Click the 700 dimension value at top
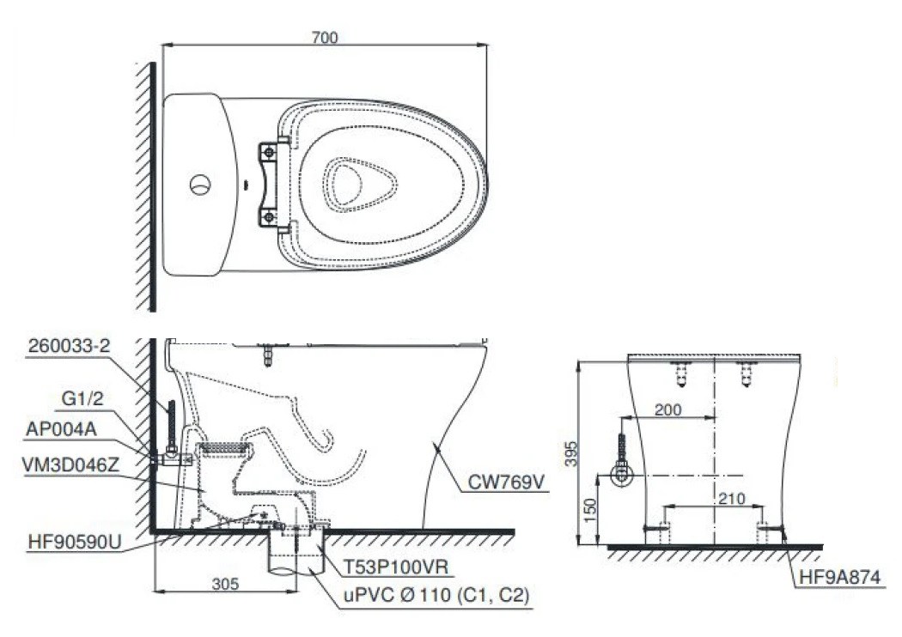pos(326,37)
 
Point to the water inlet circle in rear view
pos(620,474)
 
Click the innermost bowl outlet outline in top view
pos(359,184)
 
